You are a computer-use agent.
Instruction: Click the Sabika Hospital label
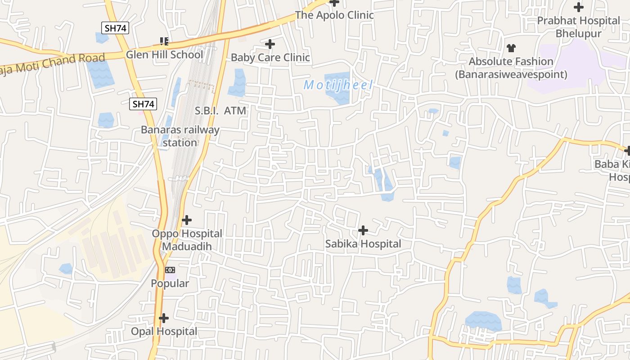(x=363, y=244)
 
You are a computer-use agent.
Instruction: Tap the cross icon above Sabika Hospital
(x=363, y=231)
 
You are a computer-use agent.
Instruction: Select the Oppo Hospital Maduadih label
(x=187, y=240)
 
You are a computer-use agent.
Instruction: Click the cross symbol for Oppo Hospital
(x=187, y=220)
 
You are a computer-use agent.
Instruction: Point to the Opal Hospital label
(x=164, y=332)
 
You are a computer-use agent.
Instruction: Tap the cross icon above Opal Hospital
(x=164, y=318)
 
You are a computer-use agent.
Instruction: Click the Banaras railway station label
(x=180, y=136)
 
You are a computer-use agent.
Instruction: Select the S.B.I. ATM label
(x=220, y=111)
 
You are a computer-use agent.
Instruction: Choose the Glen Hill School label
(x=164, y=55)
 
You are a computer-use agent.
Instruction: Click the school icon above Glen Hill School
(x=164, y=42)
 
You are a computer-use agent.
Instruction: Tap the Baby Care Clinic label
(x=270, y=58)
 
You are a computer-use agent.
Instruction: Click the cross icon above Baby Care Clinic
(x=270, y=44)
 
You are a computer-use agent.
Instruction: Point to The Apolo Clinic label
(x=334, y=15)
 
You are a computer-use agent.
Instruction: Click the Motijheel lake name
(x=338, y=85)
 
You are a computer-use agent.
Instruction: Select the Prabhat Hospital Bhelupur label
(x=579, y=27)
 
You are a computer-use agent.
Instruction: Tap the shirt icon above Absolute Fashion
(x=511, y=48)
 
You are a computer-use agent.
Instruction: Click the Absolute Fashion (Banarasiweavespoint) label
(x=511, y=68)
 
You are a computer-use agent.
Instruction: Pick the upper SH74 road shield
(x=116, y=28)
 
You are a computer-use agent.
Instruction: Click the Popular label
(x=170, y=283)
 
